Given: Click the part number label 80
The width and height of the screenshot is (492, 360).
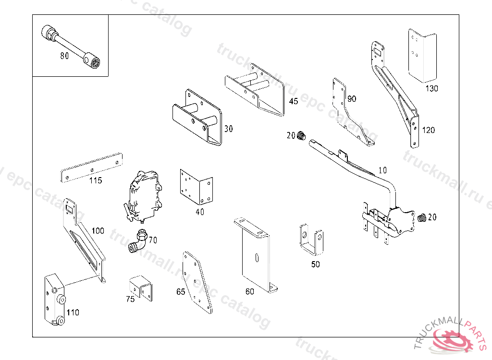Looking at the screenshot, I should pos(64,56).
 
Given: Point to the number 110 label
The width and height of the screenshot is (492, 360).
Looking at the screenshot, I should pos(73,312).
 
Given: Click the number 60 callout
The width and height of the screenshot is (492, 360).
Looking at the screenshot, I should pos(250,291).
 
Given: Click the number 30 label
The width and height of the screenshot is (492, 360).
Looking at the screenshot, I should pos(228,129).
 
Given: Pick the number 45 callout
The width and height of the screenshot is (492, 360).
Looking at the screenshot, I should pos(293,101).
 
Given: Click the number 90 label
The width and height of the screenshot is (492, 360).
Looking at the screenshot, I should pos(352,99).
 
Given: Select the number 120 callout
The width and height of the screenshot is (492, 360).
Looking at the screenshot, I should pos(428,130).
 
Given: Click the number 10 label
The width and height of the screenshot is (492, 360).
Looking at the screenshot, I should pos(382,170).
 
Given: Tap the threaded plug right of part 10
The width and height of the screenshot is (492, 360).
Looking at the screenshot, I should pos(422,217).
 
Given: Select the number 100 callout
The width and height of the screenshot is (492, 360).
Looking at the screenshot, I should pos(98,231).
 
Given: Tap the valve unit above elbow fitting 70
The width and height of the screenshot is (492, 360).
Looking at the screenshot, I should pos(143,196).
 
